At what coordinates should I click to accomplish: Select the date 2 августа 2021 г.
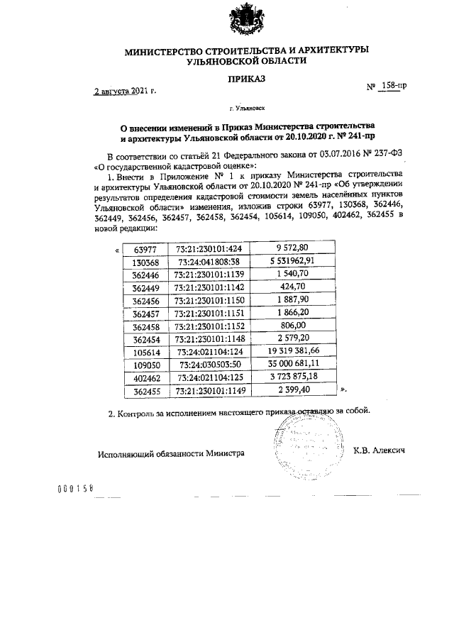(125, 92)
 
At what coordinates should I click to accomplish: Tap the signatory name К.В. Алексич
(378, 452)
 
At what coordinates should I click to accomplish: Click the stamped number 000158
(74, 490)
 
